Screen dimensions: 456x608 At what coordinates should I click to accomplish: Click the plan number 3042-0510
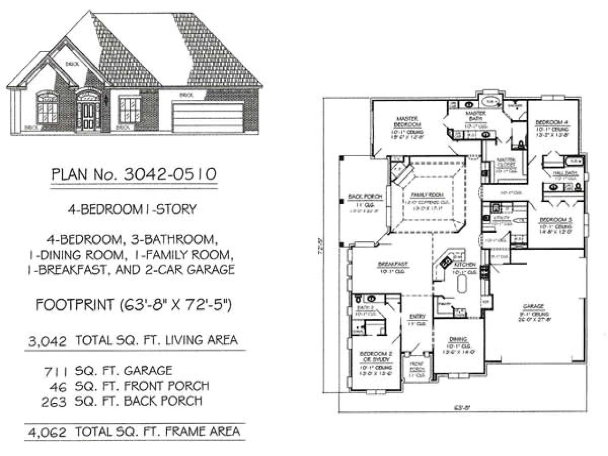(x=170, y=174)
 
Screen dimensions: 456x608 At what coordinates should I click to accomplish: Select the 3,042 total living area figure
(x=47, y=341)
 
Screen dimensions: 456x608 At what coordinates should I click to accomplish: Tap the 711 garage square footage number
(x=56, y=371)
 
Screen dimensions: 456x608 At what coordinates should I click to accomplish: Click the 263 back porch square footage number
(x=54, y=401)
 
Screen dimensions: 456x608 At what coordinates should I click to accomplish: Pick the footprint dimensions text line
(x=133, y=304)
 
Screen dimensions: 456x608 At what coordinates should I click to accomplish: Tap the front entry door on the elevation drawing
(x=88, y=116)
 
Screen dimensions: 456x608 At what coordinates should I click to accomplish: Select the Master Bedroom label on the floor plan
(x=407, y=121)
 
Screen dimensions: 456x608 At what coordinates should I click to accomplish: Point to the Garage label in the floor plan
(x=533, y=307)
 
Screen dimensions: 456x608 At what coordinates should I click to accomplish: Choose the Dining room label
(x=458, y=340)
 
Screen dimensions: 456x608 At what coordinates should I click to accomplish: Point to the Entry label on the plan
(x=418, y=317)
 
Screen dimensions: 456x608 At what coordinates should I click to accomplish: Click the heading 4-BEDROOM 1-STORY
(x=132, y=209)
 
